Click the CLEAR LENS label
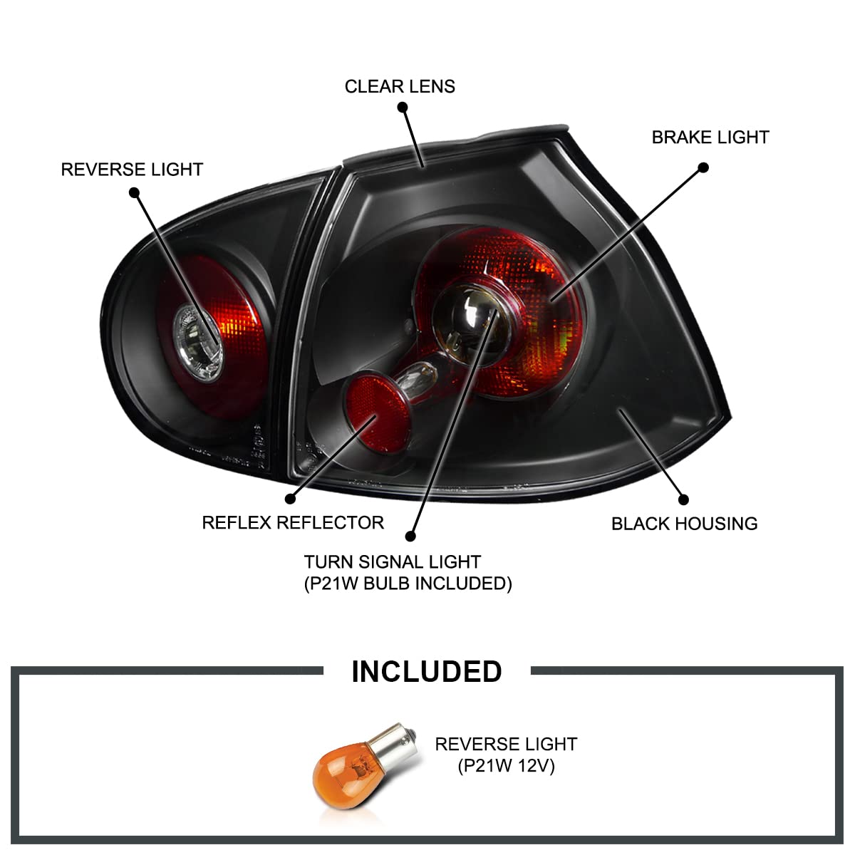coord(400,86)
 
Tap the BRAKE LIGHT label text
coord(710,137)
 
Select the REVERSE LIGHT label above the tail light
coord(132,170)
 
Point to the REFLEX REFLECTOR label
coord(293,522)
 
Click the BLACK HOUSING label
coord(684,524)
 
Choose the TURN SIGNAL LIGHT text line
coord(392,562)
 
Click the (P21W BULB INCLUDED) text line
coord(408,584)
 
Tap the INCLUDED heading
coord(427,671)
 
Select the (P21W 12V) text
coord(506,766)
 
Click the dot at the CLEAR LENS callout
coord(403,108)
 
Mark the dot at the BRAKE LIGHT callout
coord(703,168)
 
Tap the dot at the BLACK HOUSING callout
coord(683,500)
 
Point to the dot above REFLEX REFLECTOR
coord(290,499)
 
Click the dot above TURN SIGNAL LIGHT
coord(410,537)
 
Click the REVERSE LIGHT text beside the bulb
coord(506,745)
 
